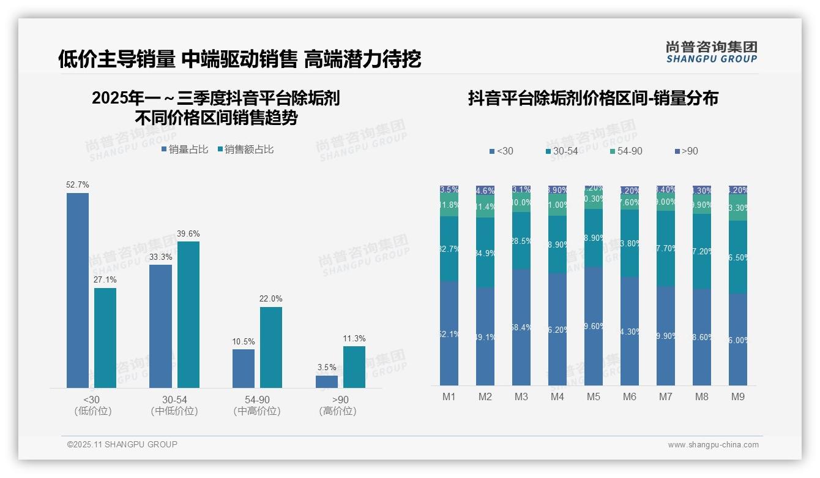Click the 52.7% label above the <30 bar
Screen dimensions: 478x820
click(78, 184)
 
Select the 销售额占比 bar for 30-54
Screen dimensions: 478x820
click(188, 314)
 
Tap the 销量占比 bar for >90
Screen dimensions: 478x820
click(327, 381)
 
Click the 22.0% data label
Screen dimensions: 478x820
click(271, 298)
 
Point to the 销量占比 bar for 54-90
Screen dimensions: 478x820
click(244, 368)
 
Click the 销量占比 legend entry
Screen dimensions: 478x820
click(185, 150)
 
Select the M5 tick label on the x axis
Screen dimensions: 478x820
click(594, 396)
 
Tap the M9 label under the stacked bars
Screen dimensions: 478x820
click(738, 396)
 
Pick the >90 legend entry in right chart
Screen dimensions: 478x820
click(686, 151)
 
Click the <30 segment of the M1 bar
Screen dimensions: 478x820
click(449, 333)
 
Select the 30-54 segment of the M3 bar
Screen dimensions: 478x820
click(521, 241)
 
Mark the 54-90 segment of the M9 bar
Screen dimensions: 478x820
click(738, 208)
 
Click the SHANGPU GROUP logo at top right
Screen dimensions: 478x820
click(711, 52)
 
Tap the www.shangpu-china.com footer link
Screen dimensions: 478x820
click(713, 445)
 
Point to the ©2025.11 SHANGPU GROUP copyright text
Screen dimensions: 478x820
click(122, 444)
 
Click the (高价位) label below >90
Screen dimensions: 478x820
click(338, 411)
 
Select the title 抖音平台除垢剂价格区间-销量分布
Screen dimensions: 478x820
click(593, 98)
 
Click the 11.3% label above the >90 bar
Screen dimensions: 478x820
click(354, 338)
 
